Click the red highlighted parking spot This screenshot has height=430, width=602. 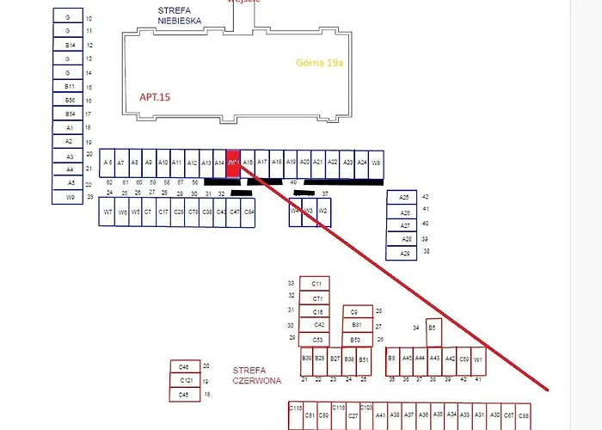pos(233,162)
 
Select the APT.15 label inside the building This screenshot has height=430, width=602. pos(155,97)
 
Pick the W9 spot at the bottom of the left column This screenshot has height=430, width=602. pos(70,197)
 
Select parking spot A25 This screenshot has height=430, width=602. pos(404,197)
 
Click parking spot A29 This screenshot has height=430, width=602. pos(404,253)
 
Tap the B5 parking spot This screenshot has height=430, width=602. pos(433,328)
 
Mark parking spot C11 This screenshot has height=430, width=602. pos(316,284)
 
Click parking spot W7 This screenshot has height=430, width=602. pos(108,212)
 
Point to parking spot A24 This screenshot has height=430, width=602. pos(362,162)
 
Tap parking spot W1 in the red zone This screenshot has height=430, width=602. pos(478,359)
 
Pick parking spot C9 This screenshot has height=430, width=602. pos(356,311)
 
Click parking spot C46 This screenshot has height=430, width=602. pos(184,366)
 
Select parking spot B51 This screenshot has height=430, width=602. pos(364,359)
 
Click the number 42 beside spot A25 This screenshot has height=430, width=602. pos(425,197)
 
